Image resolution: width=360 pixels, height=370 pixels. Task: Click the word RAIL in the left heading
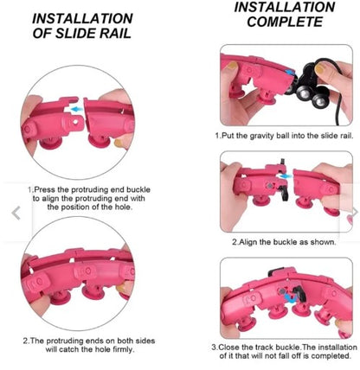(x=115, y=34)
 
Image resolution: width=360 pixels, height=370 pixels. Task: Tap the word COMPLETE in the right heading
(x=285, y=22)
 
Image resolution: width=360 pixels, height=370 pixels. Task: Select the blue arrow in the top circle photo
(x=77, y=109)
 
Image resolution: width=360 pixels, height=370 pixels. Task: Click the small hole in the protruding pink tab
(x=75, y=122)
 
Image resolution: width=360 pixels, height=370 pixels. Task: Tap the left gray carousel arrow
(x=16, y=214)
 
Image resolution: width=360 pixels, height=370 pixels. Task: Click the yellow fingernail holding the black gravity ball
(x=319, y=69)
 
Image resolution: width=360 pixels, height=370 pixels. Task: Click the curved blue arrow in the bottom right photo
(x=292, y=298)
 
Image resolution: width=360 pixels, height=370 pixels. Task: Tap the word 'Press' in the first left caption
(x=45, y=189)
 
